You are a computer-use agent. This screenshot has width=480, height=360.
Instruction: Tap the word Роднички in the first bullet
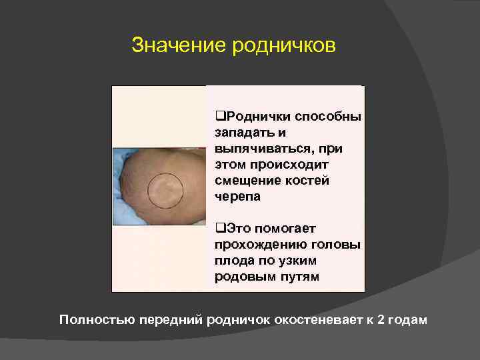(257, 117)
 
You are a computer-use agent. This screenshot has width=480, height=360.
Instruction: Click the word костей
(310, 180)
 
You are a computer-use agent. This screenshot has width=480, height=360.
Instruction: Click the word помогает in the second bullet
(286, 229)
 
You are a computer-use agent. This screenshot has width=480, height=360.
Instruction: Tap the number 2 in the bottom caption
(381, 319)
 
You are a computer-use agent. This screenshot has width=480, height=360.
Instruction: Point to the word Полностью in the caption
(97, 319)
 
